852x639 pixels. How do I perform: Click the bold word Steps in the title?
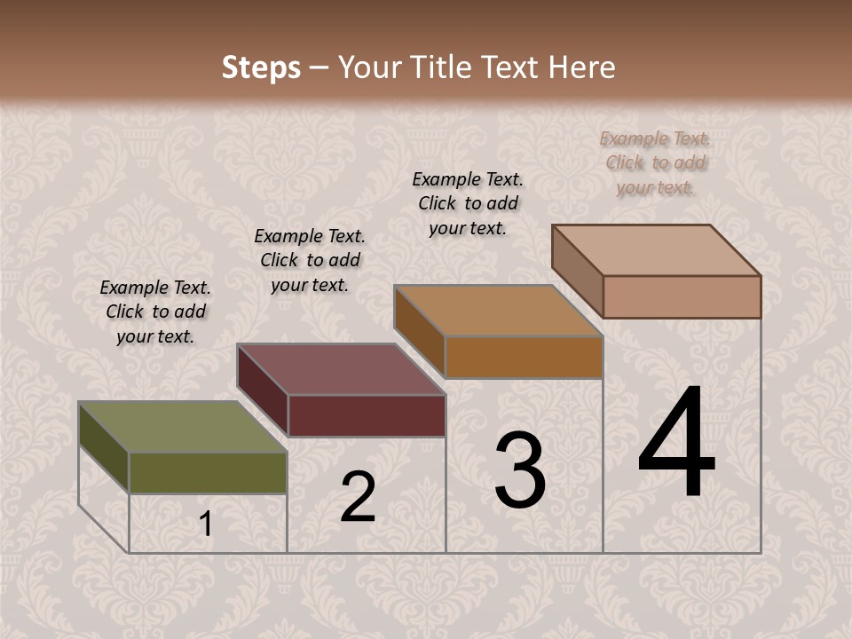click(261, 67)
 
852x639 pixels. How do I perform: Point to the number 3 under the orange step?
click(520, 470)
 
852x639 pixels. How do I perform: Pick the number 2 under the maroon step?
click(358, 497)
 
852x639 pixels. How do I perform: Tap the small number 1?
click(206, 525)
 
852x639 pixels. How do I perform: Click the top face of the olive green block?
click(182, 427)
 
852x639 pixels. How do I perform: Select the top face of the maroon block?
click(340, 369)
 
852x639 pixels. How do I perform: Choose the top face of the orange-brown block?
click(498, 311)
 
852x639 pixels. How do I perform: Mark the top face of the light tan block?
click(656, 250)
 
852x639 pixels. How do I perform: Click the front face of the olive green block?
click(208, 472)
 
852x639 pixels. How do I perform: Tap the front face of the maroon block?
click(367, 415)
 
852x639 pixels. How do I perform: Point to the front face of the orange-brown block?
click(524, 357)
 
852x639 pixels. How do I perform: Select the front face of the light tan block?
click(682, 296)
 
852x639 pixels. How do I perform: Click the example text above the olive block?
click(155, 312)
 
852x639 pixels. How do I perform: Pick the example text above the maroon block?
click(310, 260)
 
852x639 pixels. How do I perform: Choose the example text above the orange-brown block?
click(468, 203)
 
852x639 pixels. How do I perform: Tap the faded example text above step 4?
click(655, 162)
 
